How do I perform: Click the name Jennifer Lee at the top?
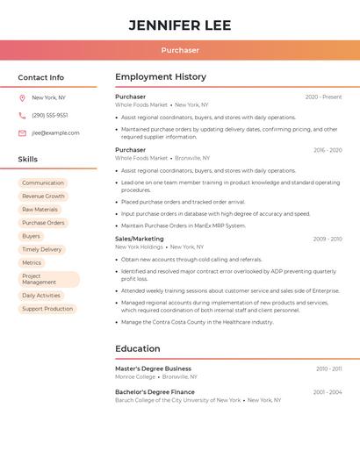[x=180, y=25]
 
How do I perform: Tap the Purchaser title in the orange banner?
[x=180, y=50]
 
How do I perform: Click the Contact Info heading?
[x=41, y=77]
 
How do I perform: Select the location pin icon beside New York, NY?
[x=22, y=98]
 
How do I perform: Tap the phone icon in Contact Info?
[x=22, y=116]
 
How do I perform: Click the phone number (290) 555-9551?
[x=50, y=116]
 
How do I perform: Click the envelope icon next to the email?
[x=22, y=133]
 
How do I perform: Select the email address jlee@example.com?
[x=55, y=133]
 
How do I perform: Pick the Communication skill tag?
[x=43, y=183]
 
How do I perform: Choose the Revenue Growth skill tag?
[x=44, y=197]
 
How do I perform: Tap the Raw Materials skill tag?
[x=40, y=210]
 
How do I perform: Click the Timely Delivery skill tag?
[x=42, y=249]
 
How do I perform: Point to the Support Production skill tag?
[x=47, y=309]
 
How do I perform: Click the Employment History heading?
[x=161, y=77]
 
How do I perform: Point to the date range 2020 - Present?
[x=323, y=97]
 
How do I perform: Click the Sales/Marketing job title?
[x=140, y=239]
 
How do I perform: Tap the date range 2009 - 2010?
[x=328, y=239]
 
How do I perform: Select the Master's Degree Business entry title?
[x=153, y=368]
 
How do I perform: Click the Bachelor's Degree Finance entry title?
[x=155, y=392]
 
